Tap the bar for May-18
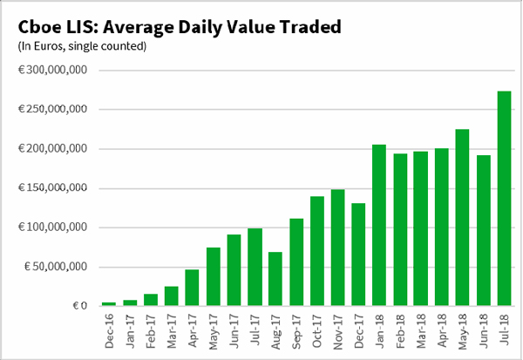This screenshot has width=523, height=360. (x=462, y=218)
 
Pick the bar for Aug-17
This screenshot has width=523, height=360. (x=275, y=279)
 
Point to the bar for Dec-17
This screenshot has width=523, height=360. (x=358, y=254)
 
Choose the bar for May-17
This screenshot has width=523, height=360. (x=214, y=276)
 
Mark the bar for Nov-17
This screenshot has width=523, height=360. (x=337, y=248)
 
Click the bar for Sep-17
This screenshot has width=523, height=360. (x=296, y=262)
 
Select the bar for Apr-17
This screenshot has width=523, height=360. (x=193, y=288)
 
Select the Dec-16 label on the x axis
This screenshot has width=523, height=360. (x=110, y=331)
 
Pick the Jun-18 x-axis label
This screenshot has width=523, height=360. (x=482, y=331)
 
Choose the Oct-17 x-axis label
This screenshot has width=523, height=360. (x=316, y=331)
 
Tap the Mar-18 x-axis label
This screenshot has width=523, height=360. (x=420, y=331)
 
